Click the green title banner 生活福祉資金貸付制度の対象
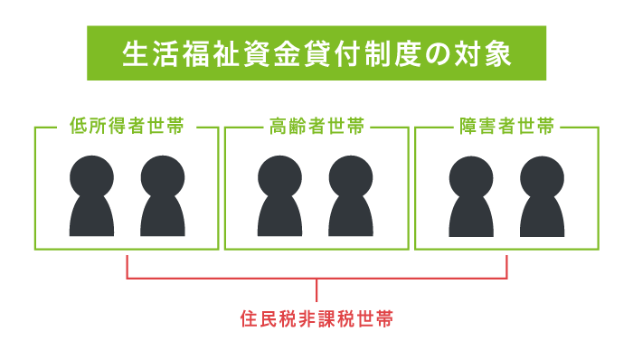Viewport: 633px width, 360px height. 316,53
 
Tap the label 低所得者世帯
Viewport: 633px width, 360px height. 127,127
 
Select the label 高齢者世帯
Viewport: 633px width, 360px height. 316,127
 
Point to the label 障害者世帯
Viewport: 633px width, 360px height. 506,127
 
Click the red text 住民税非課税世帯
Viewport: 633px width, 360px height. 316,319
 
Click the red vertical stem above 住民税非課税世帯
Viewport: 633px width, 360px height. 316,290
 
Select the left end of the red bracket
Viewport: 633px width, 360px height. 128,265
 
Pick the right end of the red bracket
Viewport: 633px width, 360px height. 506,265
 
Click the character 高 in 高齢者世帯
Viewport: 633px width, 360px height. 277,127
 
